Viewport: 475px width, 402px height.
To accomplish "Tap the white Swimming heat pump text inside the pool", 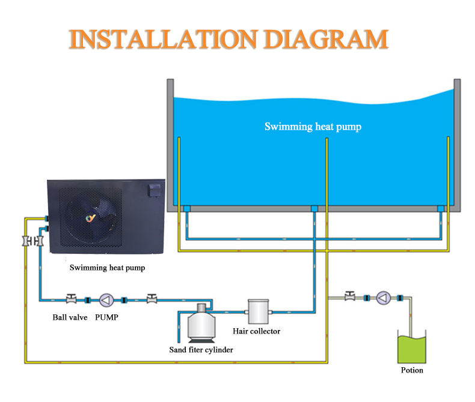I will pos(313,127).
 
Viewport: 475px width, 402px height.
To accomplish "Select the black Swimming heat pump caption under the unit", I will pos(107,268).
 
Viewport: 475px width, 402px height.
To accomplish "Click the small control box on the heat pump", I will pos(153,191).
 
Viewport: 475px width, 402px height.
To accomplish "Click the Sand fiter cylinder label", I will pos(201,350).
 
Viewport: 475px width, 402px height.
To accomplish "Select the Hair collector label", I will pos(256,331).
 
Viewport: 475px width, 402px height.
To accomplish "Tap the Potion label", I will pos(412,370).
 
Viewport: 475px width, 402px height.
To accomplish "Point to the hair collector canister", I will pos(257,310).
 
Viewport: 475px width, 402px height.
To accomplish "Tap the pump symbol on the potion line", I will pos(383,298).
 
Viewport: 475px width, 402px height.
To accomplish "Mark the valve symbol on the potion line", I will pos(350,296).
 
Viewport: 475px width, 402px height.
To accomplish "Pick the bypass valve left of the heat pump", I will pos(26,241).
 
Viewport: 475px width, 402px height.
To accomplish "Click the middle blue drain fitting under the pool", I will pos(313,209).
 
